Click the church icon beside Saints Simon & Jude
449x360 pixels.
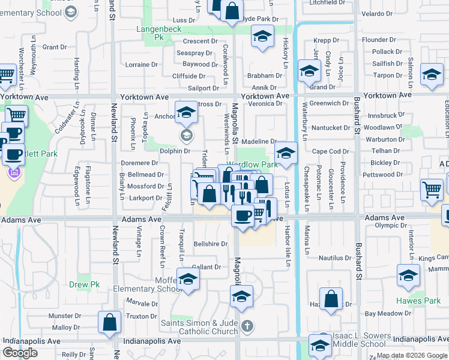247,327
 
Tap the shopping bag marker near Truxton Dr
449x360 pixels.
110,323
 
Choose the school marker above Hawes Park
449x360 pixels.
408,277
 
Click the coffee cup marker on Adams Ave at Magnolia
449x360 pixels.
243,215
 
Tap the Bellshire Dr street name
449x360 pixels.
211,244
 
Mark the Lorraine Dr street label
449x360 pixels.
142,64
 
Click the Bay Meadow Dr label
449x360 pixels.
387,313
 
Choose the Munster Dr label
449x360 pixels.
61,316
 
